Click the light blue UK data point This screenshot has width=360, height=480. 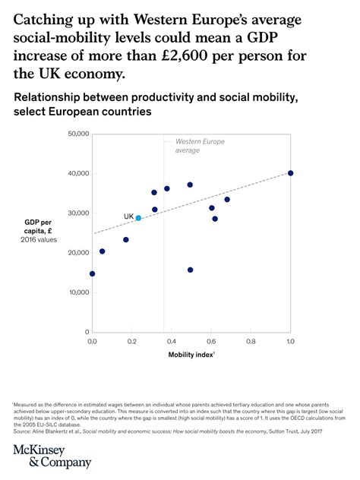click(138, 218)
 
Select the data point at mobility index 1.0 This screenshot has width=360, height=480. click(290, 173)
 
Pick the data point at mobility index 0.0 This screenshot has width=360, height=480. click(92, 273)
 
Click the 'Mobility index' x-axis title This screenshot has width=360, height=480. click(190, 355)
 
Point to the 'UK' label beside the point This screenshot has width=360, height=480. click(128, 216)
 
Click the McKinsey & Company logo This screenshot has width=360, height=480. click(52, 456)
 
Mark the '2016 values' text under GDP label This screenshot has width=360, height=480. click(39, 240)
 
